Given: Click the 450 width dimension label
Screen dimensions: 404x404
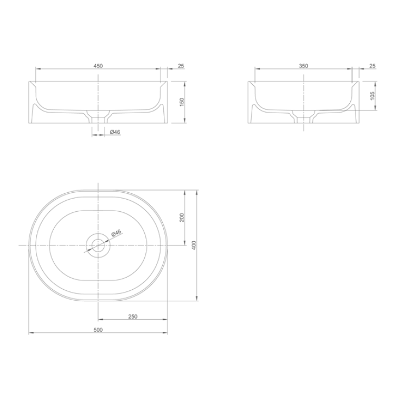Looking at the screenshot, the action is point(98,66).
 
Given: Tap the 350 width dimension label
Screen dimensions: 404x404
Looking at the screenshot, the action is point(303,66).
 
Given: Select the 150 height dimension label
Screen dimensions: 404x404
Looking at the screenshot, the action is point(182,102).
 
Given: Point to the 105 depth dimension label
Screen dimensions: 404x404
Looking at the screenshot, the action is point(372,95).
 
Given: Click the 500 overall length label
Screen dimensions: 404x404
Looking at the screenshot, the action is point(98,330).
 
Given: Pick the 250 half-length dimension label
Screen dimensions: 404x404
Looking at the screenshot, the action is point(133,317).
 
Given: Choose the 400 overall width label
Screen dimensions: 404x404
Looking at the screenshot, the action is point(194,245).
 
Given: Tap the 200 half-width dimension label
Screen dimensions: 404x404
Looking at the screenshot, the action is point(182,218).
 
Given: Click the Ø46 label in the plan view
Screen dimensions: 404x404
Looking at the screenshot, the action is point(116,233).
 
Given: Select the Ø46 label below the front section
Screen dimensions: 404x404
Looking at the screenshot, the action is point(115,132).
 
